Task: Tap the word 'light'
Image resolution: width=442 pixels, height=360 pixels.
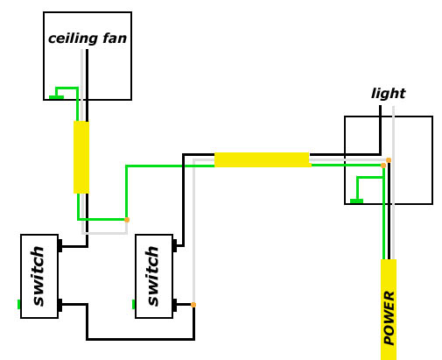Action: [388, 94]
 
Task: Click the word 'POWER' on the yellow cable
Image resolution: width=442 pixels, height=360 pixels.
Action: [389, 317]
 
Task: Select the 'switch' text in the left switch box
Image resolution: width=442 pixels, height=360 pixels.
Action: [38, 276]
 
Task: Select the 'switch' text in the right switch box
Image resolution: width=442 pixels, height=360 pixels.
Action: [153, 276]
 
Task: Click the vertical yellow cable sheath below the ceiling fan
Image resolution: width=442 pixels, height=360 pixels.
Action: [81, 157]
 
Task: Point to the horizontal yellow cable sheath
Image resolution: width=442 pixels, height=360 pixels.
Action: [262, 159]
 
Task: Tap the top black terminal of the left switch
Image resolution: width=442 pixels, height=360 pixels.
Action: [60, 247]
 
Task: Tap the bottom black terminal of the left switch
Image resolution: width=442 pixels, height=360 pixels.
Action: [60, 305]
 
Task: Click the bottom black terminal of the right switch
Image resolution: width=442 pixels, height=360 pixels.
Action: [176, 305]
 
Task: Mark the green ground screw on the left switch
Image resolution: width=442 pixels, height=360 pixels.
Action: [18, 305]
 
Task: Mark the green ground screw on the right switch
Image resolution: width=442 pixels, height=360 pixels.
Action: [134, 305]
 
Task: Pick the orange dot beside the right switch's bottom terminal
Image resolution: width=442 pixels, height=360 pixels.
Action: [193, 305]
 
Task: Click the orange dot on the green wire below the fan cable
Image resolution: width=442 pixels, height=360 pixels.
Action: [127, 219]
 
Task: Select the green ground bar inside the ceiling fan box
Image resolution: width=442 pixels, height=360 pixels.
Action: [55, 96]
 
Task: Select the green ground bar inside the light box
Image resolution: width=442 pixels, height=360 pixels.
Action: [356, 201]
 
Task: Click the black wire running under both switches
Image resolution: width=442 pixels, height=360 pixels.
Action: [140, 338]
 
